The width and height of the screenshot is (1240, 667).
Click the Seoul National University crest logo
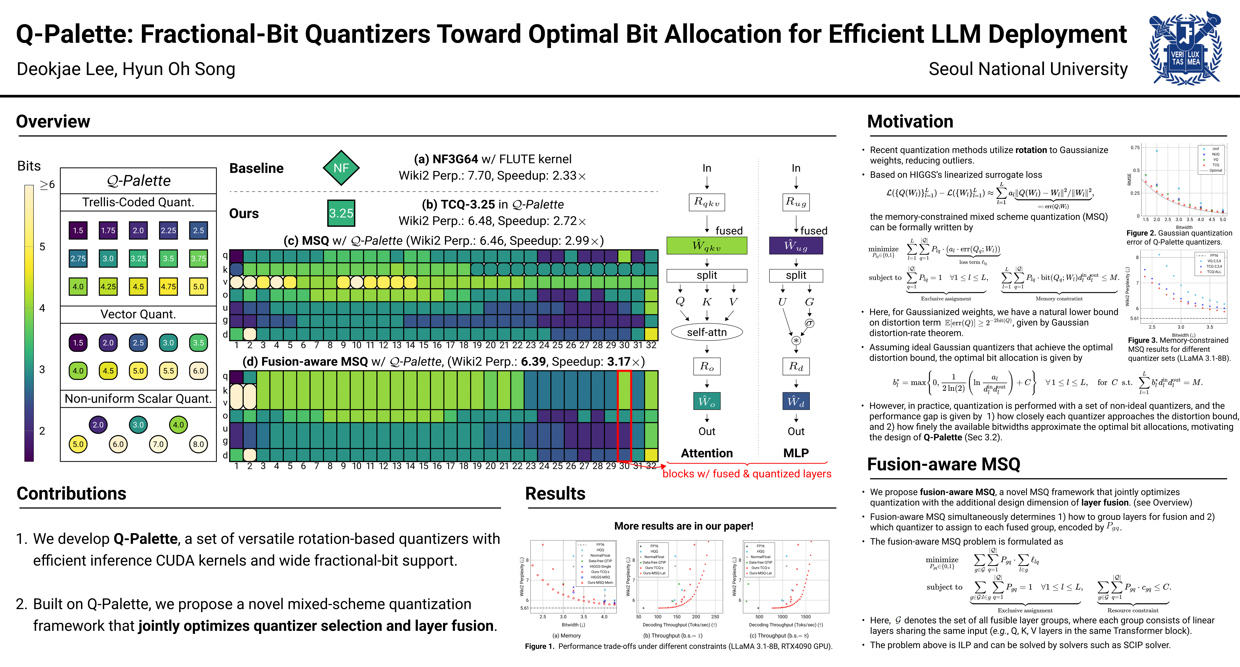pos(1185,48)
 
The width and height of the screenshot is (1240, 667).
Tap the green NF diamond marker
pos(341,168)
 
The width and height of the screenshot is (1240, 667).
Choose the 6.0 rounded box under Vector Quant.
pos(198,370)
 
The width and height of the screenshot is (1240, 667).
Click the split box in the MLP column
pos(796,275)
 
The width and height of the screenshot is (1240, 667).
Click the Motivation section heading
pos(910,121)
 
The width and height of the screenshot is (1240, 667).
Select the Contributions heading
pos(71,493)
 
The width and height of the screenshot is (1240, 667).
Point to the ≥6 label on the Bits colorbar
pos(47,184)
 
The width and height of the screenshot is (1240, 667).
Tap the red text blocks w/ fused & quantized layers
pos(747,474)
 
